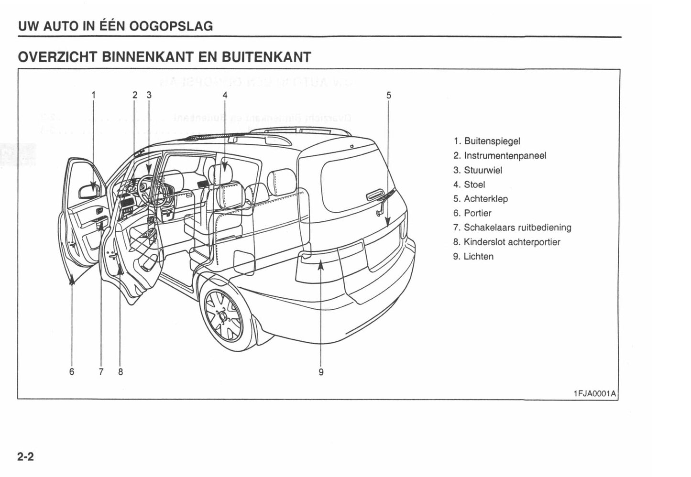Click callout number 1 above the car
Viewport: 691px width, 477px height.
[x=94, y=95]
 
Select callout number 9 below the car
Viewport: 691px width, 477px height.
[x=321, y=371]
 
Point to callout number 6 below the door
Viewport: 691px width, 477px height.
[x=72, y=371]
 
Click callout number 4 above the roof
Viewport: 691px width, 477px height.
[x=225, y=95]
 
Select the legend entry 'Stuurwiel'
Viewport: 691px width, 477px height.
[x=483, y=170]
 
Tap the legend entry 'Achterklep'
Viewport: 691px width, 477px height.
[x=485, y=199]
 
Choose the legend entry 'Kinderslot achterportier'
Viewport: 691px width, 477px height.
[x=511, y=242]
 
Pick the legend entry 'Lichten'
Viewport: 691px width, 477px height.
[x=478, y=256]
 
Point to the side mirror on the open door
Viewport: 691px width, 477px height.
[x=89, y=191]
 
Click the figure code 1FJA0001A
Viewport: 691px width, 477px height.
[x=594, y=393]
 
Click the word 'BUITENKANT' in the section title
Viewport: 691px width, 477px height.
[x=266, y=57]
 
